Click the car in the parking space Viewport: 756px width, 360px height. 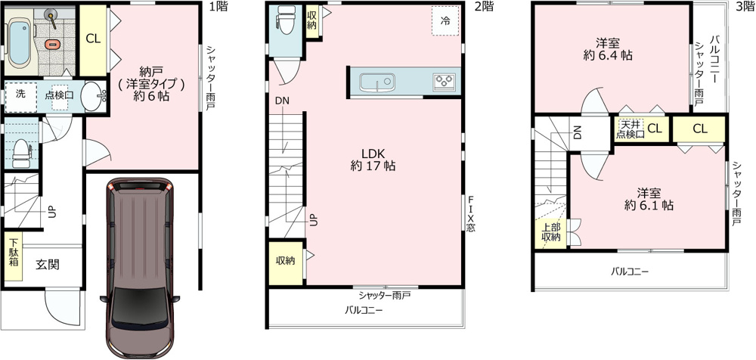click(140, 268)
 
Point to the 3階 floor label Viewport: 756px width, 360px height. click(745, 6)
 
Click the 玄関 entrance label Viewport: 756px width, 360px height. click(48, 265)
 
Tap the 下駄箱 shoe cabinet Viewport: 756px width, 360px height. click(14, 256)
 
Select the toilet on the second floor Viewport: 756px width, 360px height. click(285, 20)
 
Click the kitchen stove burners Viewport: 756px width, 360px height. click(444, 81)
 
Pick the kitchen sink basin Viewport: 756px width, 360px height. click(377, 82)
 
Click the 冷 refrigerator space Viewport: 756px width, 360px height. click(445, 20)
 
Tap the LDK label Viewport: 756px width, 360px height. click(373, 154)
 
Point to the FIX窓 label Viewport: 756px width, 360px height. click(470, 214)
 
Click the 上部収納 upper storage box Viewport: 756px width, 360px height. click(550, 234)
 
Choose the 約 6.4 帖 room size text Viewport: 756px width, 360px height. click(608, 55)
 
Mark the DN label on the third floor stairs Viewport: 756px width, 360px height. click(578, 132)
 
